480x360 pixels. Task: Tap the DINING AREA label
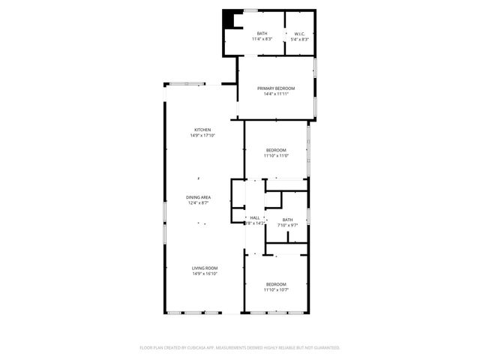coord(198,197)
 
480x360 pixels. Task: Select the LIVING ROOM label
coord(204,268)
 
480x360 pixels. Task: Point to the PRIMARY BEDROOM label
coord(276,88)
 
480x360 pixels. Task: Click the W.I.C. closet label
coord(299,34)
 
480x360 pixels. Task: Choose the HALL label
coord(254,218)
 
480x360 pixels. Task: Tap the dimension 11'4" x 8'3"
coord(262,39)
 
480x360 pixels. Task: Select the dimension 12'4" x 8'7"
coord(198,203)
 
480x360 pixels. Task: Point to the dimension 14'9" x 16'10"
coord(204,274)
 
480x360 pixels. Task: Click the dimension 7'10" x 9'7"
coord(287,225)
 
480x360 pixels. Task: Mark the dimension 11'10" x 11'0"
coord(276,156)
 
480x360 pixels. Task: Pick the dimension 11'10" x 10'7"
coord(276,289)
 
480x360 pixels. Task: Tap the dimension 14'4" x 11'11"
coord(276,94)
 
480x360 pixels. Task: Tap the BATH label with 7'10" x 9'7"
coord(287,220)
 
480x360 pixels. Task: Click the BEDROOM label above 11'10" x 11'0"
coord(276,151)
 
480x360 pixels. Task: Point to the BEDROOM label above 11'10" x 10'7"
coord(276,284)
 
